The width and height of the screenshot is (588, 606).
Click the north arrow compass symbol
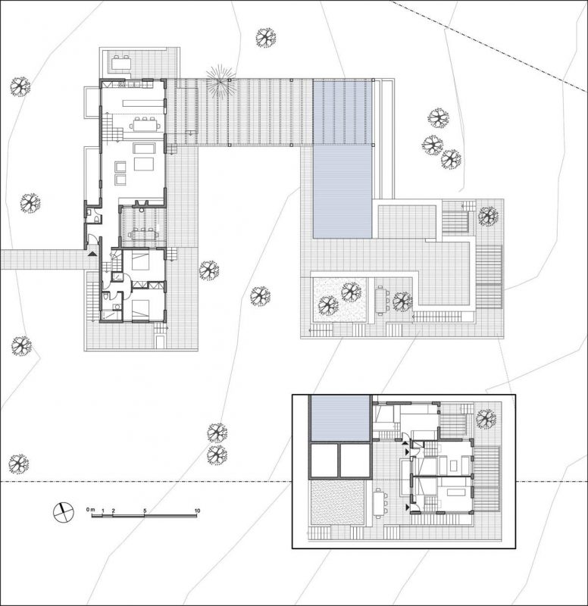pos(63,513)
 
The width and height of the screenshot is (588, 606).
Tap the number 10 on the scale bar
pos(197,511)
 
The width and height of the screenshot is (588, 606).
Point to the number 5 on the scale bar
pos(145,511)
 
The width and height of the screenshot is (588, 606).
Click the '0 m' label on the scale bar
pos(91,510)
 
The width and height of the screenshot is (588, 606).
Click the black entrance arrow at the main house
pos(92,254)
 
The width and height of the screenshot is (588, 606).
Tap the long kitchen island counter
pos(143,103)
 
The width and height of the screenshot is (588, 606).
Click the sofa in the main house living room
pos(144,148)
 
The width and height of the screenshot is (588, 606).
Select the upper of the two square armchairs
pos(120,167)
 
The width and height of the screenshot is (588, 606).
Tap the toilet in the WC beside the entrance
pos(95,219)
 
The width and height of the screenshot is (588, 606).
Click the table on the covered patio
pos(143,235)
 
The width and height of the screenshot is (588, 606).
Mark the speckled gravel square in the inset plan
pos(337,502)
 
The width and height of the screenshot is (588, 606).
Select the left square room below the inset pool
pos(324,461)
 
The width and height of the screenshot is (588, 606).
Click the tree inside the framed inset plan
pos(486,419)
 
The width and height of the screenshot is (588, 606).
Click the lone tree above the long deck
pos(266,38)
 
